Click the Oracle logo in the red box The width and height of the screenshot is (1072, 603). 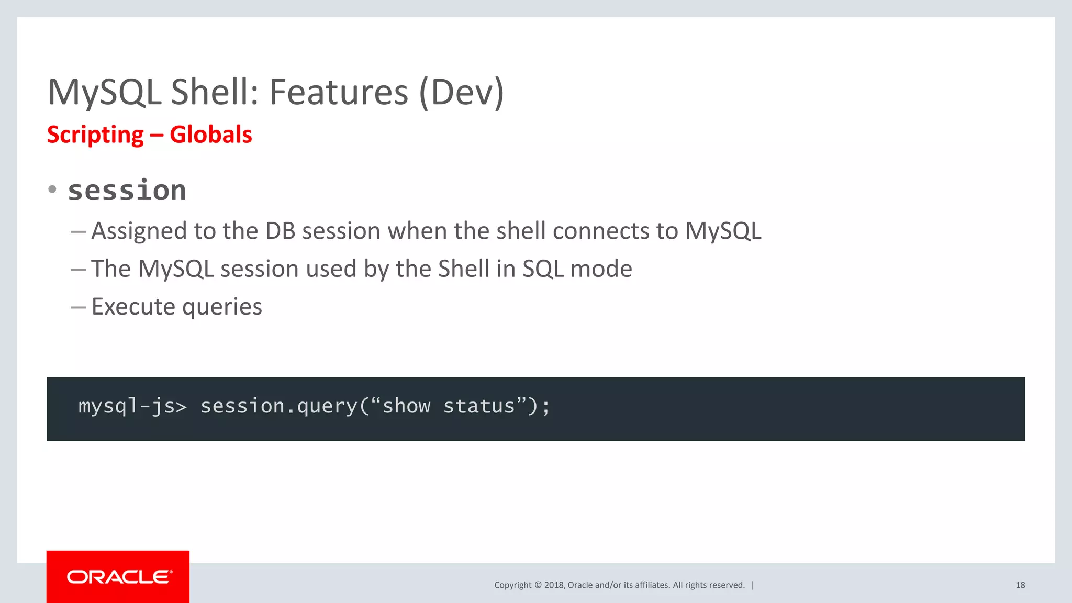click(x=119, y=577)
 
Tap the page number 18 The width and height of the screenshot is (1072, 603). click(x=1020, y=585)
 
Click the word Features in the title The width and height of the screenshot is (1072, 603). click(x=338, y=93)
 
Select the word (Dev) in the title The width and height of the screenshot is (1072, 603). click(x=462, y=93)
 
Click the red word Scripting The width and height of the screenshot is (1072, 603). click(x=95, y=135)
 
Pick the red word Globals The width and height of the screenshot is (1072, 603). click(x=211, y=135)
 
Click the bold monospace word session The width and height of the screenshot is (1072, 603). click(x=127, y=191)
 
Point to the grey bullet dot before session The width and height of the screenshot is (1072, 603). click(x=52, y=189)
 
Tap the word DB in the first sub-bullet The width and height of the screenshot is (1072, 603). click(x=281, y=231)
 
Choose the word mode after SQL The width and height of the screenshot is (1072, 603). click(x=601, y=269)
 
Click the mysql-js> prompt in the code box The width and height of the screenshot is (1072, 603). click(x=132, y=407)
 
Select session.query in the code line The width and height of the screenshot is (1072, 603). click(x=278, y=407)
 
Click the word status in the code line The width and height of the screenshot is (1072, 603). click(x=479, y=407)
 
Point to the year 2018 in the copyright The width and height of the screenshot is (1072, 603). click(x=554, y=585)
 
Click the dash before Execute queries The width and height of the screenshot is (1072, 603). click(x=78, y=307)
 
